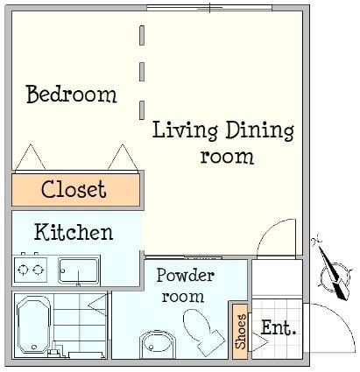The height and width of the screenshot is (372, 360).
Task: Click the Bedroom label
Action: (72, 94)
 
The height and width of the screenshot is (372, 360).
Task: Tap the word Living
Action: (185, 130)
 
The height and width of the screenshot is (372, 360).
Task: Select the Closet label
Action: (74, 189)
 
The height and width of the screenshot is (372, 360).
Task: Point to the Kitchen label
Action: (74, 232)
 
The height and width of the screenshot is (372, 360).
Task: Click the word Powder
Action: (186, 276)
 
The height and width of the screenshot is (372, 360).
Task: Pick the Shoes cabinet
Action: (240, 332)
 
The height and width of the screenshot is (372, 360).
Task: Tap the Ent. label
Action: (279, 327)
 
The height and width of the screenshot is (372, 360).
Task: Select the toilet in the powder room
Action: (203, 332)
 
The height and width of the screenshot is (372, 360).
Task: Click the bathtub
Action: (33, 325)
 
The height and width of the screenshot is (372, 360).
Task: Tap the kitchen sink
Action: (79, 270)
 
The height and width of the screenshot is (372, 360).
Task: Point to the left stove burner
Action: (23, 270)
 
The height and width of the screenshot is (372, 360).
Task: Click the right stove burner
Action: (38, 270)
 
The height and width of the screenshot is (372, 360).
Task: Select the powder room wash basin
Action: (158, 344)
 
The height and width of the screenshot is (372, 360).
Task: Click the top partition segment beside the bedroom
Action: (142, 35)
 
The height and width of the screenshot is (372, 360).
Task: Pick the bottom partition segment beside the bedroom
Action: (142, 110)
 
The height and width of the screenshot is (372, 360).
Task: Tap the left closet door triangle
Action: (31, 158)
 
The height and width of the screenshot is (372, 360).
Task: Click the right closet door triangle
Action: (123, 158)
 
